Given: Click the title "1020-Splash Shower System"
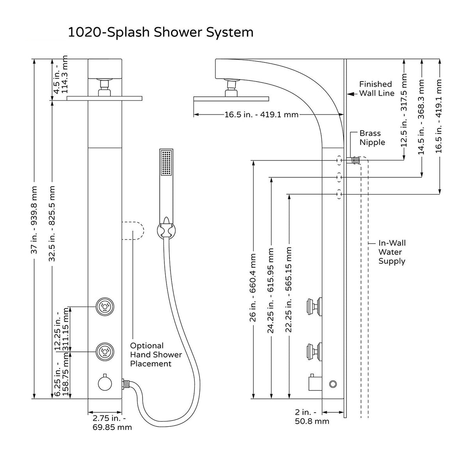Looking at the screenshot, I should point(160,32).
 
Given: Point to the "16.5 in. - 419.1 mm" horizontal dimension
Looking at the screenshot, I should point(261,115).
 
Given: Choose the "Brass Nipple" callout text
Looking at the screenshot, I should point(372,138).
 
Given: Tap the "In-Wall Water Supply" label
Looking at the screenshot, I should point(392,252).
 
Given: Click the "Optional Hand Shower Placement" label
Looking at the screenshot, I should point(156,355).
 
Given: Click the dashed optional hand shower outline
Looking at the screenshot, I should point(133,231).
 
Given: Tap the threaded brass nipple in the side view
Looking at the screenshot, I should point(355,160).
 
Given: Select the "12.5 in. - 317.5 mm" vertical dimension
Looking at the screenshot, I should point(404,110).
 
